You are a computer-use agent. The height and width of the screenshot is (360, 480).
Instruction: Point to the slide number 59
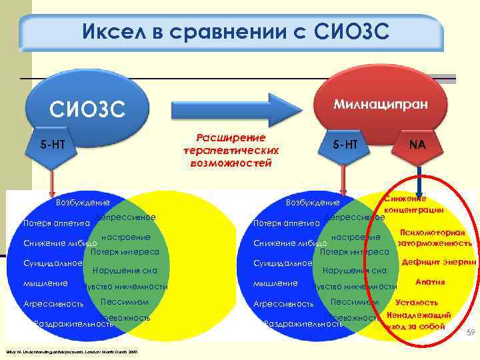(x=469, y=332)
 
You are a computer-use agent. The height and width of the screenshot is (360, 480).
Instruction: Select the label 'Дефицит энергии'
(x=438, y=263)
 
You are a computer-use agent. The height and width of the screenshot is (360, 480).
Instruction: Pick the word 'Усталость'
(x=417, y=302)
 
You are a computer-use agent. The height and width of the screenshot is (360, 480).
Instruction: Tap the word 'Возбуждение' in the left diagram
(x=83, y=202)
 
